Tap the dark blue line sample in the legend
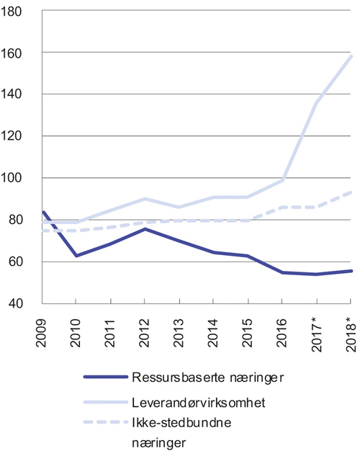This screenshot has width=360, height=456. [104, 377]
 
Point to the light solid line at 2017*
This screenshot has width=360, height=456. [316, 104]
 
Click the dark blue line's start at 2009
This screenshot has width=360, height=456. [45, 212]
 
